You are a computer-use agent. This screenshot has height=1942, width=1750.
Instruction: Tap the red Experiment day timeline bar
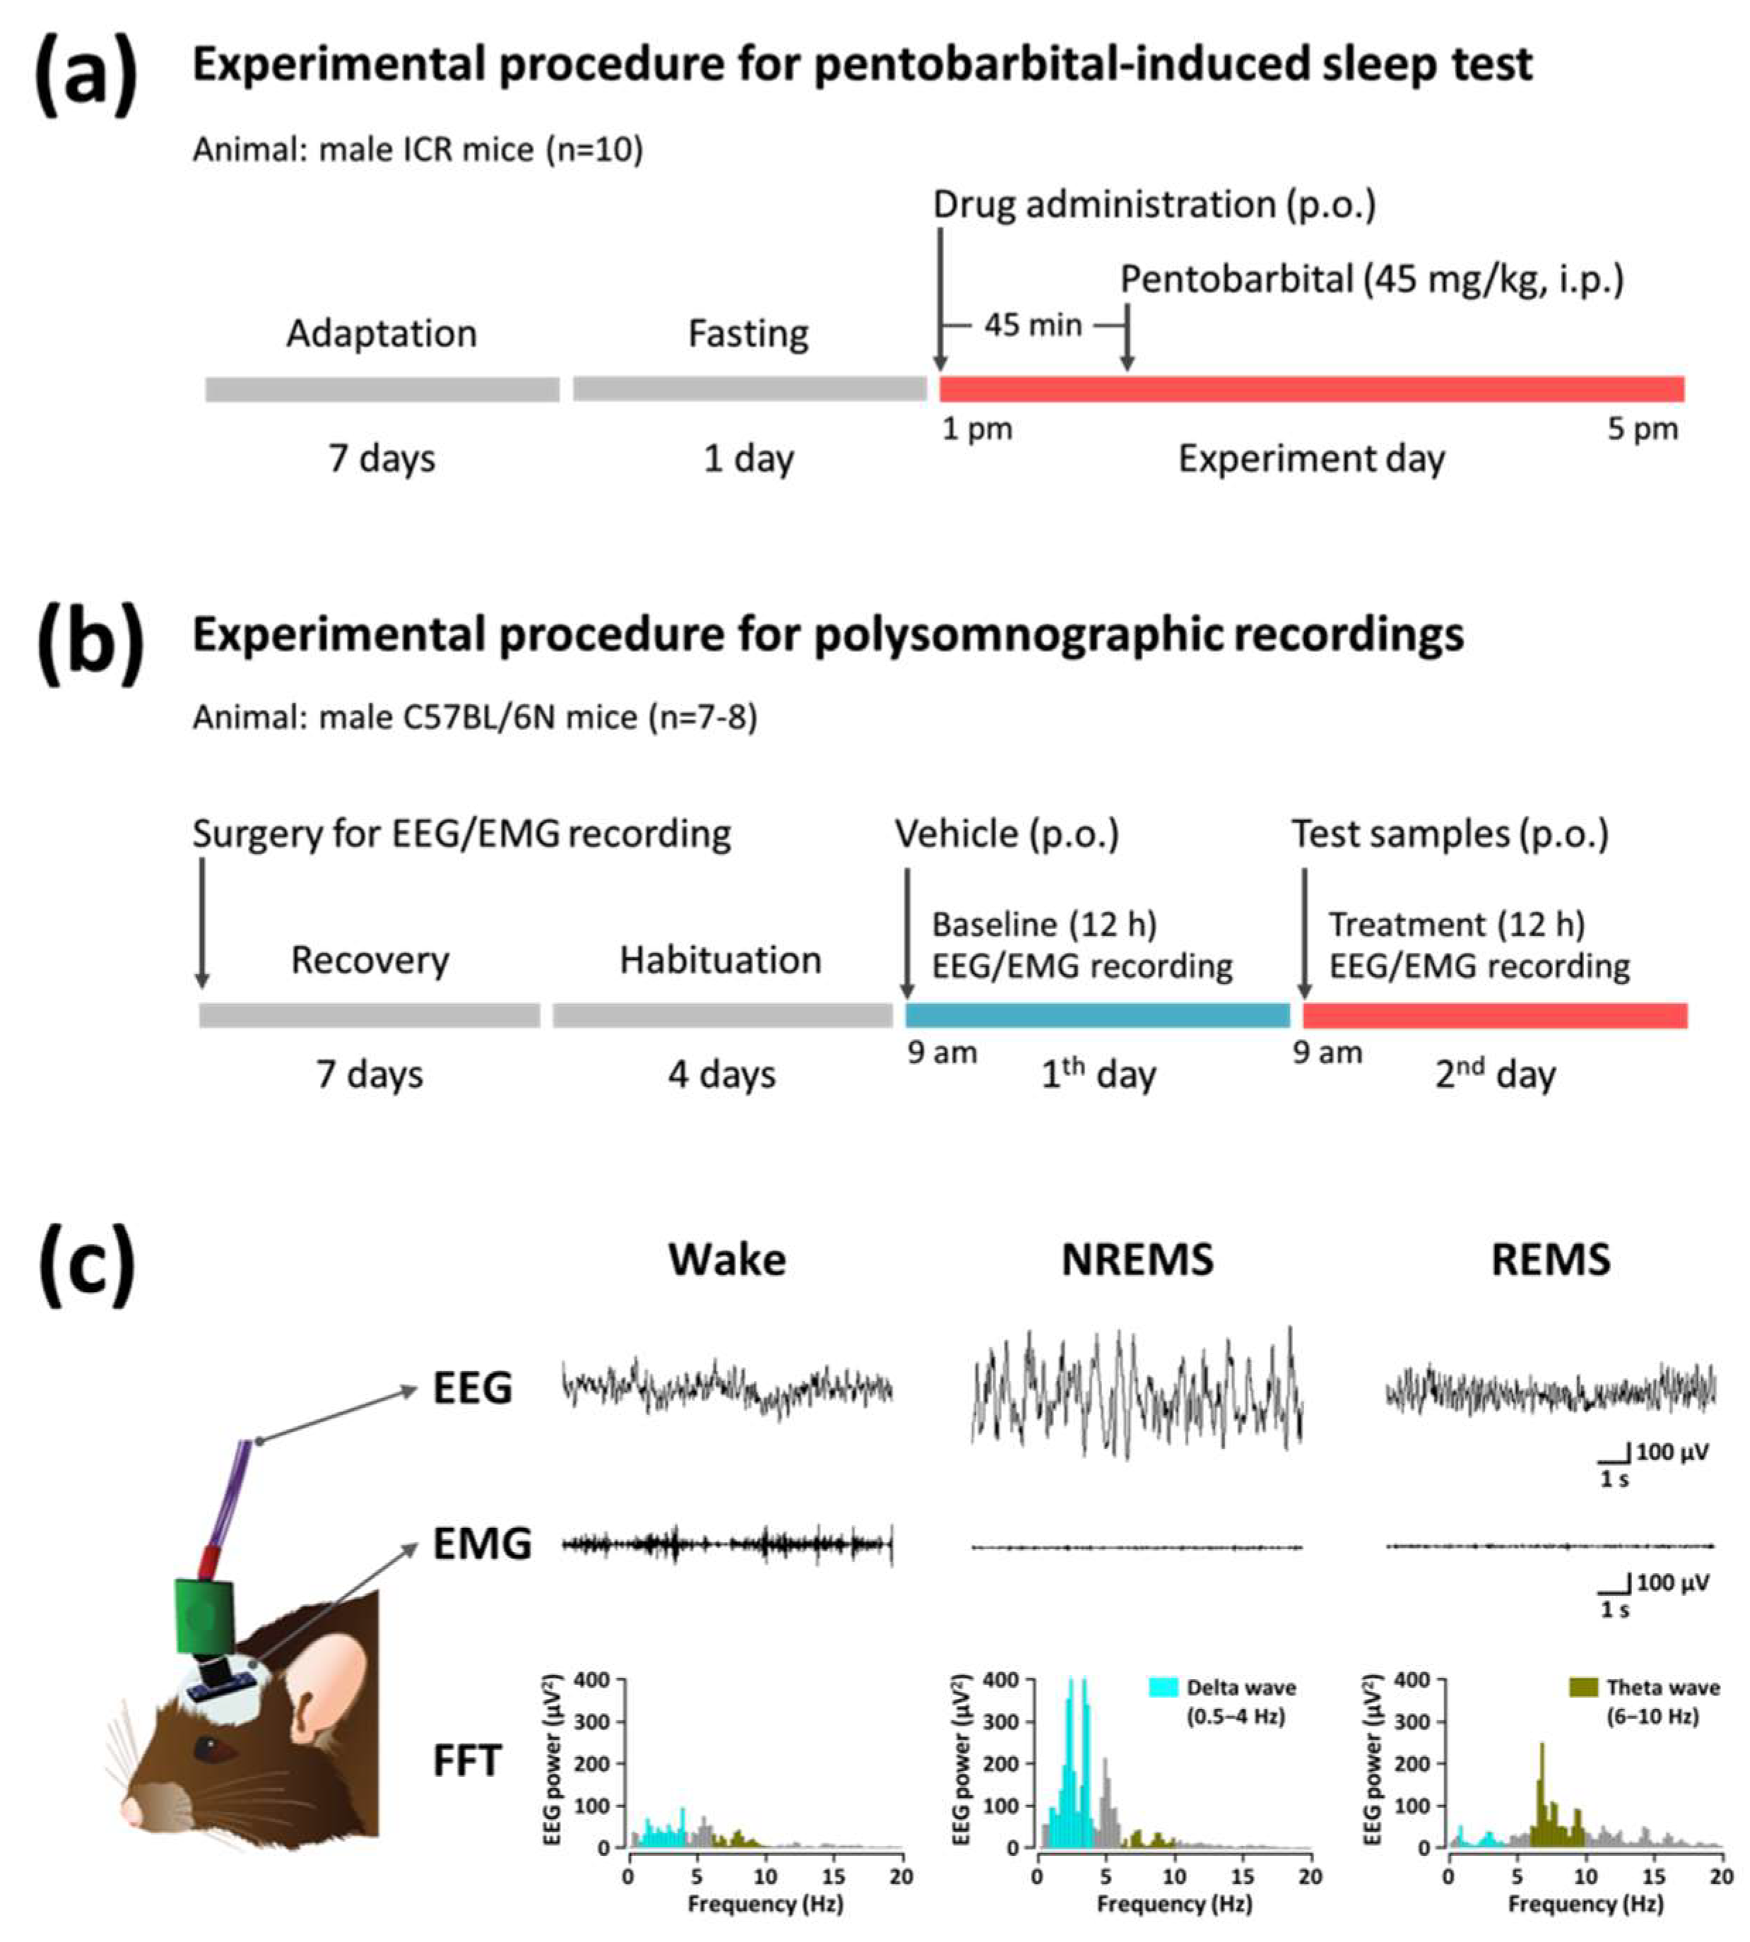pos(1311,389)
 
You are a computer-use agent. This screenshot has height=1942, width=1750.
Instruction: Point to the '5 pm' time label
pos(1643,429)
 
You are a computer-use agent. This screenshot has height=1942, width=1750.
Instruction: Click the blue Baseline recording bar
pos(1097,1015)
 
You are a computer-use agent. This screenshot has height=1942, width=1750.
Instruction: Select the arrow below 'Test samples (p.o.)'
pos(1304,932)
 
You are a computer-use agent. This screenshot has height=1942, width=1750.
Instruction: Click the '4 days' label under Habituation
pos(721,1074)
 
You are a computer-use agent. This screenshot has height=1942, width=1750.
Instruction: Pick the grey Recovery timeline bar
pos(369,1015)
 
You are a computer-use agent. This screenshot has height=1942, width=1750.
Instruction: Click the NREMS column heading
pos(1137,1260)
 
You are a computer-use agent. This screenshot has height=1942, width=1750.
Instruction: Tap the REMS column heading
pos(1550,1260)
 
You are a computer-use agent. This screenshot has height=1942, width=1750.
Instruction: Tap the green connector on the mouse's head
pos(204,1615)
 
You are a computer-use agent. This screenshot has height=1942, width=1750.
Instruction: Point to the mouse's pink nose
pos(131,1811)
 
